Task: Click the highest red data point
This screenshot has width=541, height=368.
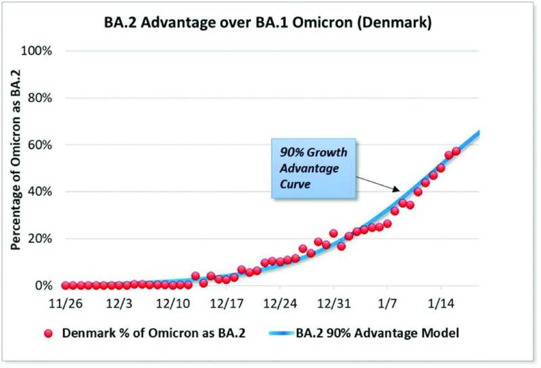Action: tap(456, 151)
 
